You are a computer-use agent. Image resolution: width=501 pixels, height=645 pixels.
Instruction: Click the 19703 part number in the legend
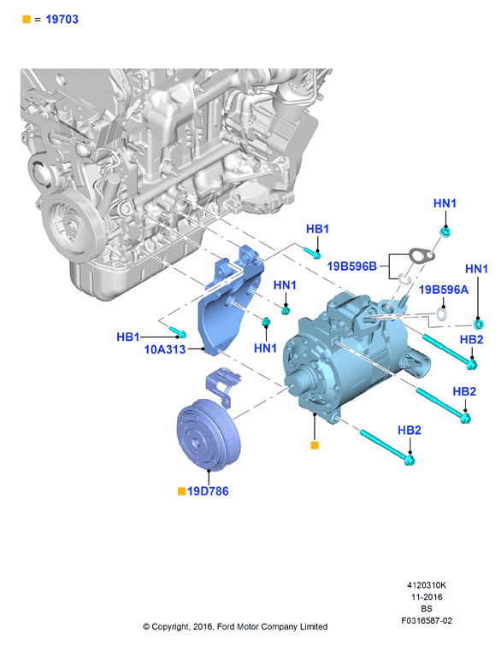(x=62, y=20)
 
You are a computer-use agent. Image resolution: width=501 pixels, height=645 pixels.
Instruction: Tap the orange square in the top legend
(x=27, y=20)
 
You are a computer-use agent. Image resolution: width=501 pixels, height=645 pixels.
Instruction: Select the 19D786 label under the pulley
(x=208, y=491)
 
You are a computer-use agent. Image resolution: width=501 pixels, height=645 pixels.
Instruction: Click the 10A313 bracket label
(x=165, y=349)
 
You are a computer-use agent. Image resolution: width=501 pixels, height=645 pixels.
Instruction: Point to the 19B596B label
(x=351, y=267)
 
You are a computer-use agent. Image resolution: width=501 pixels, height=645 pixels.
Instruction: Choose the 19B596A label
(x=444, y=290)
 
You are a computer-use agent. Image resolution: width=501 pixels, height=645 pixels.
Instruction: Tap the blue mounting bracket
(x=230, y=300)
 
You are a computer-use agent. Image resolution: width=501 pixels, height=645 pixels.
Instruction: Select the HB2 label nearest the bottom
(x=410, y=431)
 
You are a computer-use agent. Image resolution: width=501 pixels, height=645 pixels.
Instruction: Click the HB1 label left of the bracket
(x=128, y=337)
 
